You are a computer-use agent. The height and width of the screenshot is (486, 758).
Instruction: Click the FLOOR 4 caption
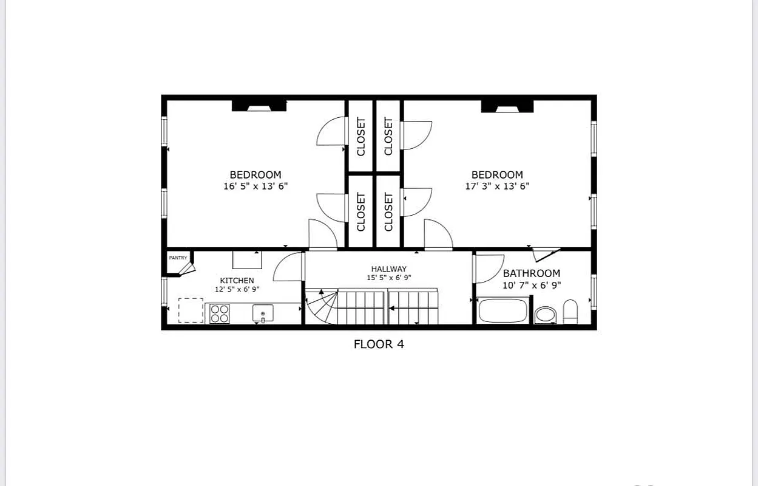pyautogui.click(x=379, y=344)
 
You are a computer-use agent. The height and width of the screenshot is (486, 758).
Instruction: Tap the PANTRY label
pyautogui.click(x=178, y=258)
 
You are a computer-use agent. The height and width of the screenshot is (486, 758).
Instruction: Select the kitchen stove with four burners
pyautogui.click(x=220, y=313)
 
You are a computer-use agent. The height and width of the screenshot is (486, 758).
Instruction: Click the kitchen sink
pyautogui.click(x=263, y=313)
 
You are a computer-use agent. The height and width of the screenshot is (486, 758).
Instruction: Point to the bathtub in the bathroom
pyautogui.click(x=503, y=311)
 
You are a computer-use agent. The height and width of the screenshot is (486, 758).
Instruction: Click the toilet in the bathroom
pyautogui.click(x=570, y=312)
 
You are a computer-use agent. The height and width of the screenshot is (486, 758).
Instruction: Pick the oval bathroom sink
pyautogui.click(x=545, y=315)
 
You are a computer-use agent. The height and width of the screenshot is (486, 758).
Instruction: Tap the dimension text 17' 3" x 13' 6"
pyautogui.click(x=497, y=187)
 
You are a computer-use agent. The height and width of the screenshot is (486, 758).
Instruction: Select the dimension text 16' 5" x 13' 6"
pyautogui.click(x=255, y=187)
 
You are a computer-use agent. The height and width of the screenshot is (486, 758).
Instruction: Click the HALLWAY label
pyautogui.click(x=389, y=269)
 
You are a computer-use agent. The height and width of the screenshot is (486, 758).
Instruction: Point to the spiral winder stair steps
pyautogui.click(x=322, y=307)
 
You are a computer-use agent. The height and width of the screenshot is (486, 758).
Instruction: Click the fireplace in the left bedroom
pyautogui.click(x=259, y=106)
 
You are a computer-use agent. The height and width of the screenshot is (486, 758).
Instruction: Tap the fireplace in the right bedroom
pyautogui.click(x=507, y=106)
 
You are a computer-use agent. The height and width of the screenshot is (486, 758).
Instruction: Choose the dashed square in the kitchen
pyautogui.click(x=191, y=310)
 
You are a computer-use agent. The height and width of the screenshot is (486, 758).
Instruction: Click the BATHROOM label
pyautogui.click(x=532, y=273)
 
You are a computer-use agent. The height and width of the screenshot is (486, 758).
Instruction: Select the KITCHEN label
pyautogui.click(x=237, y=281)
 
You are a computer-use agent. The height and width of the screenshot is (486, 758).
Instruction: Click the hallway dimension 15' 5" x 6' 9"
pyautogui.click(x=389, y=278)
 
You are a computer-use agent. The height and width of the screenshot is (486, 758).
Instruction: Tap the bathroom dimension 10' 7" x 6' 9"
pyautogui.click(x=532, y=285)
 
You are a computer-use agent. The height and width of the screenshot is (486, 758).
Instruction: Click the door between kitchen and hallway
pyautogui.click(x=289, y=267)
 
